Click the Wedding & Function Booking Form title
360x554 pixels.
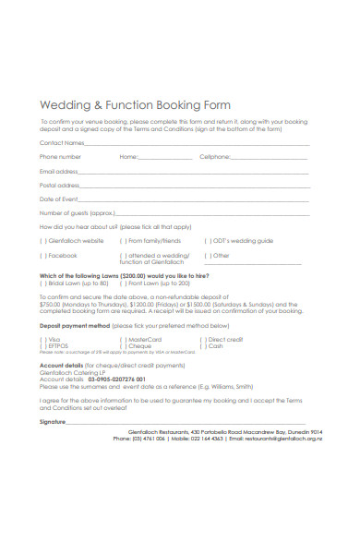(x=135, y=105)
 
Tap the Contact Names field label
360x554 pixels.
(x=62, y=143)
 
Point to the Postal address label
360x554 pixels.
(x=60, y=185)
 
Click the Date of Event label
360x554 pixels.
(x=58, y=199)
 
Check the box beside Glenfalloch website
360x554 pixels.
(x=42, y=240)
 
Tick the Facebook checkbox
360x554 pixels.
(x=42, y=255)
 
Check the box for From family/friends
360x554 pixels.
(x=122, y=240)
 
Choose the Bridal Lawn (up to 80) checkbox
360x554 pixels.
(x=42, y=283)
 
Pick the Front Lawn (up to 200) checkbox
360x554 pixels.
(x=122, y=283)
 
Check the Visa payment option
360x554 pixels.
(x=42, y=340)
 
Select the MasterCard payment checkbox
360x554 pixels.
(x=122, y=340)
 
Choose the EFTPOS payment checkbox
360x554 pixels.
(x=42, y=346)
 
